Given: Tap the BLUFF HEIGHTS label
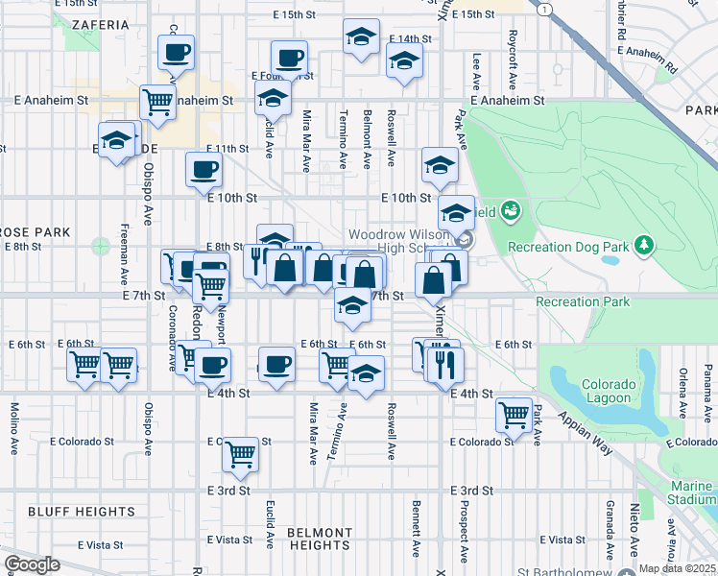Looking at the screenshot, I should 71,512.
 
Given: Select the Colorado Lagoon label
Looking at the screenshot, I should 607,391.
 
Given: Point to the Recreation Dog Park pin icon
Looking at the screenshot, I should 644,247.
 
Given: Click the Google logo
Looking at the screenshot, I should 32,564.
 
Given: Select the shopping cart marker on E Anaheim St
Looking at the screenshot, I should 156,101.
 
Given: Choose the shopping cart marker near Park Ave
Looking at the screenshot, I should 515,414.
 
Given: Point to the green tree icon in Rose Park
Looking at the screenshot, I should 101,247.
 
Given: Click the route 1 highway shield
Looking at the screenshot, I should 544,8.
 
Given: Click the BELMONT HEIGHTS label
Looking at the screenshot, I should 320,539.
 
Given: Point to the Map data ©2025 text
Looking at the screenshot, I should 676,568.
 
